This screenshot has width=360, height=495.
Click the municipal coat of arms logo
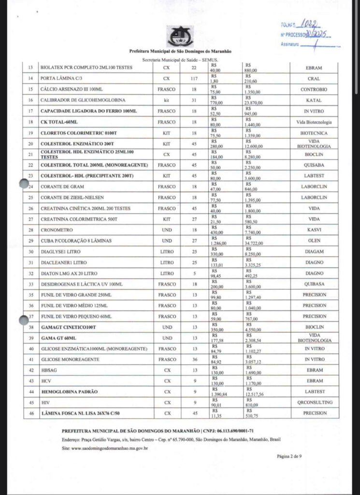coord(180,36)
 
